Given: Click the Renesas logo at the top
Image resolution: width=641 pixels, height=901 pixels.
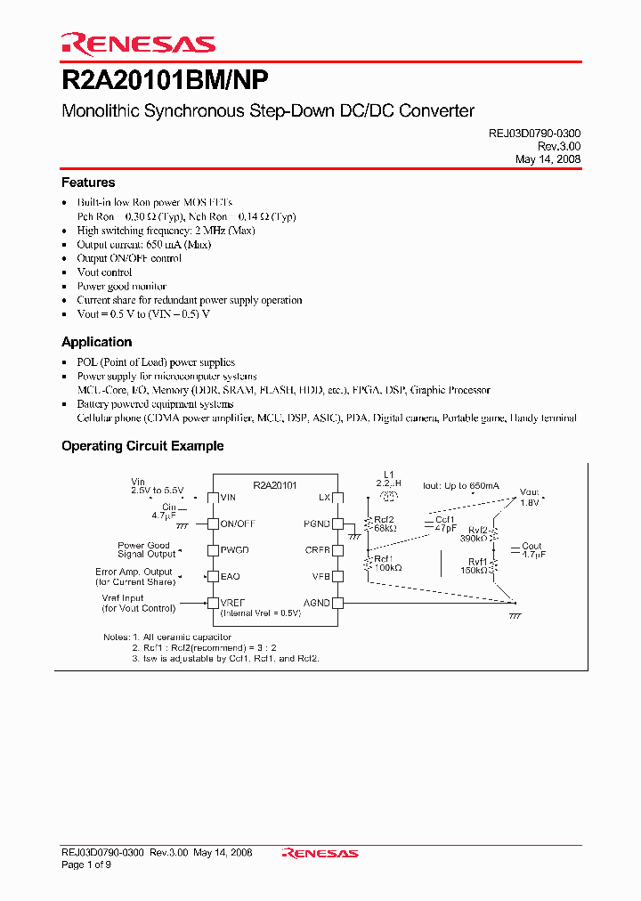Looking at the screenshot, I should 138,44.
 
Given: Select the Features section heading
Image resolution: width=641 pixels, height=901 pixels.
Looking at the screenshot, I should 88,183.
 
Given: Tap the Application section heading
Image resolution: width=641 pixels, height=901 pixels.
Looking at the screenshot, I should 96,342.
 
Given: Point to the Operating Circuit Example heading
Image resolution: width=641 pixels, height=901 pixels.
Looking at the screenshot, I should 142,446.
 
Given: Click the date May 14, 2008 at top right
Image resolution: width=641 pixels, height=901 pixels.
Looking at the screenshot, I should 548,159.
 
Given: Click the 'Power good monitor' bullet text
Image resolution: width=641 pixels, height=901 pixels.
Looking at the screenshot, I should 121,287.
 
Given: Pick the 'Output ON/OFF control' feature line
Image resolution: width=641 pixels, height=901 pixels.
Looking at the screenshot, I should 129,258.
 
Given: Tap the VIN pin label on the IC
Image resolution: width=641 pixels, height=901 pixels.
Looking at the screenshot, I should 229,497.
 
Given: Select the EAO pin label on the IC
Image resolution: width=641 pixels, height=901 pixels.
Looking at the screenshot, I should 231,576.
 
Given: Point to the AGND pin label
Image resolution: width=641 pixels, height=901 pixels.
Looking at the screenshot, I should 316,603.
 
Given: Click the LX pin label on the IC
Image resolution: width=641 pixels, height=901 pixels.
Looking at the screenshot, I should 324,497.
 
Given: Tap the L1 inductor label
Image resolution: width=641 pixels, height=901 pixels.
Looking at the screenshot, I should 388,475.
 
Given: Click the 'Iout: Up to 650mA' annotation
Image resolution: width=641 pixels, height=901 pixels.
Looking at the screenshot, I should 461,486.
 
